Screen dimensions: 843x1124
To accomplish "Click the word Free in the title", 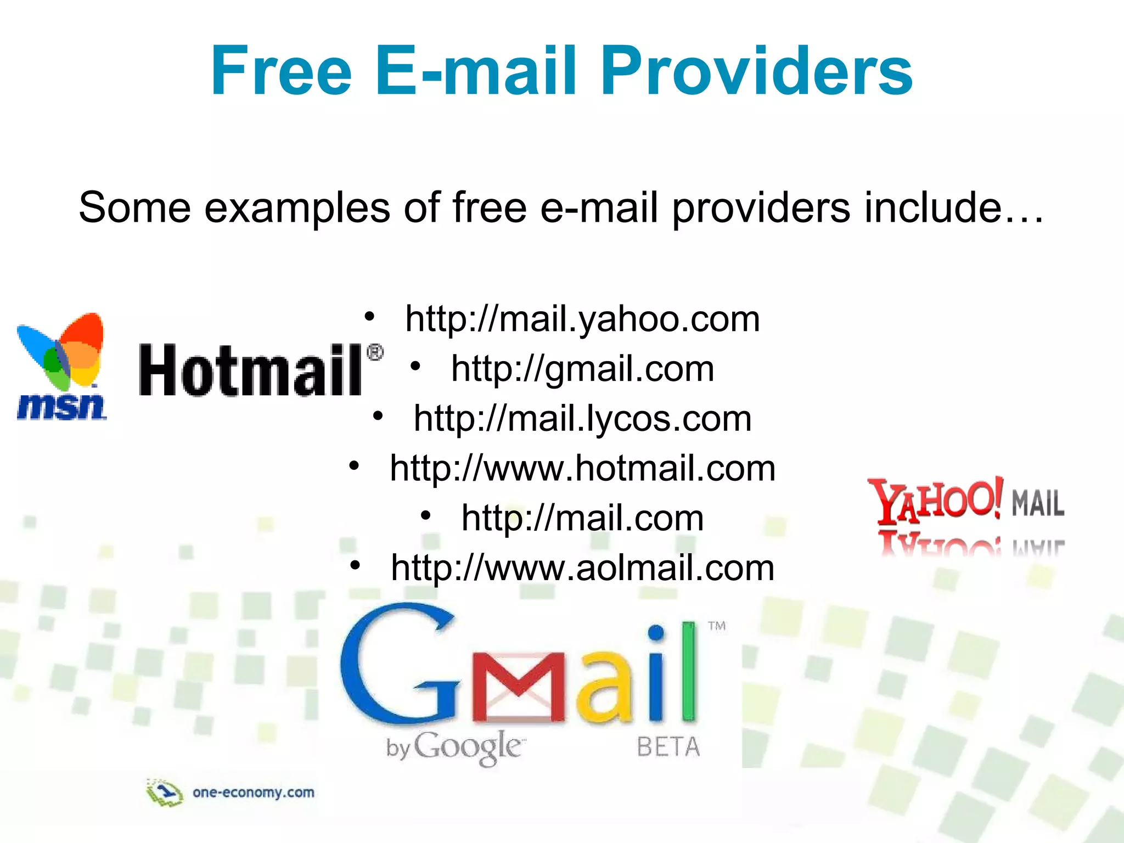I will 280,71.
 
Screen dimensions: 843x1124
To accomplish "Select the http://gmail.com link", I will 582,368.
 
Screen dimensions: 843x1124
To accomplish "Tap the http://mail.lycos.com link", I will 582,418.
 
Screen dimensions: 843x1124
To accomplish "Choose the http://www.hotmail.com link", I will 582,468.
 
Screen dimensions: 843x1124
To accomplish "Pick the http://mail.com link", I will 582,518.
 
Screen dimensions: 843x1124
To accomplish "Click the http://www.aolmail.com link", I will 582,567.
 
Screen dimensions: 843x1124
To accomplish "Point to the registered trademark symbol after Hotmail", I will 374,352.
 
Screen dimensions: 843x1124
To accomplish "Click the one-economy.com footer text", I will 253,793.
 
